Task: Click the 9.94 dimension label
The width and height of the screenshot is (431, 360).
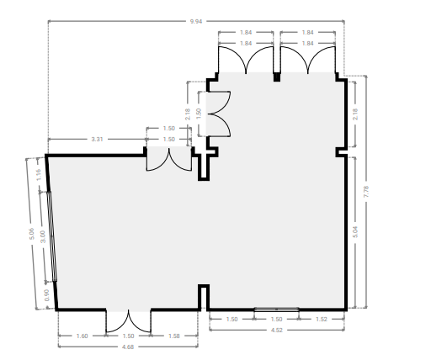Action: click(x=196, y=21)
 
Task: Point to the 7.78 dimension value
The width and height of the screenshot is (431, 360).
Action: click(x=366, y=192)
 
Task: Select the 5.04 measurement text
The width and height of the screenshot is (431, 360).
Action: click(x=355, y=232)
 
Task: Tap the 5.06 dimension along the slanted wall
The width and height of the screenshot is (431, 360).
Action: click(x=31, y=234)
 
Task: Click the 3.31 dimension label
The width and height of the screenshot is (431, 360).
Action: click(x=97, y=139)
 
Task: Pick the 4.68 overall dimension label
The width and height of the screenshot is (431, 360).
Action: click(x=128, y=347)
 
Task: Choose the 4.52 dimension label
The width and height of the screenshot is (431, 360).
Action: click(x=277, y=330)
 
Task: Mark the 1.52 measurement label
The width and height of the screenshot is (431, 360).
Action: click(x=322, y=319)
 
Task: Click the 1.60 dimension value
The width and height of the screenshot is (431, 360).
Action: click(x=82, y=336)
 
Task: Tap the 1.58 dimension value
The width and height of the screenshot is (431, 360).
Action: click(x=174, y=336)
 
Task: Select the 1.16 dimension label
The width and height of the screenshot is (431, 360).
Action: click(x=39, y=174)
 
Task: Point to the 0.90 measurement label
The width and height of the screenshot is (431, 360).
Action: click(x=46, y=295)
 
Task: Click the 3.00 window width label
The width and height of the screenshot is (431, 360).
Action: click(x=43, y=236)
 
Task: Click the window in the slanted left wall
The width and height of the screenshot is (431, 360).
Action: click(x=52, y=236)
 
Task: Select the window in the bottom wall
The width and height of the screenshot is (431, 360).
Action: click(x=276, y=310)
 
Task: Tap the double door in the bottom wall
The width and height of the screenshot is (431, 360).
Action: click(x=128, y=321)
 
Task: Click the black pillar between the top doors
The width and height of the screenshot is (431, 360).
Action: click(x=277, y=77)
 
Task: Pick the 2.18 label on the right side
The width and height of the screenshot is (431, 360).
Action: click(x=355, y=114)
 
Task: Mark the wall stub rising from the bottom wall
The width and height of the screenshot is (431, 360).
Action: click(x=204, y=298)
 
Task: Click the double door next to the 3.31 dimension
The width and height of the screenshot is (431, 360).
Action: click(x=169, y=159)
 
